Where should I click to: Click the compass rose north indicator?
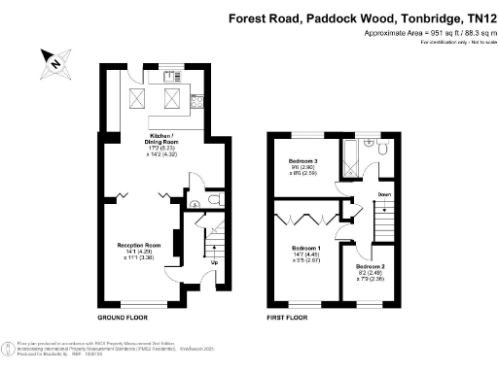54,64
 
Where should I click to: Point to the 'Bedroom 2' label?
371,265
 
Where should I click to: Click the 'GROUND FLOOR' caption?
122,318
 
